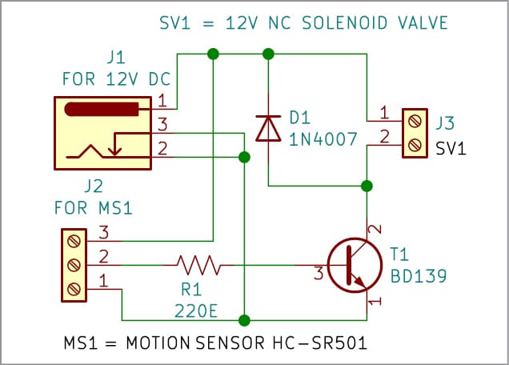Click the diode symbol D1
(x=267, y=128)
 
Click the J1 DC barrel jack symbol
(x=102, y=133)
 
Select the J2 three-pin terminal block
(x=74, y=264)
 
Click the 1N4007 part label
(x=323, y=138)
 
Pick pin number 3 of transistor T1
(x=318, y=274)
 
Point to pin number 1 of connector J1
(x=162, y=101)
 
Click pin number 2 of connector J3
(x=385, y=138)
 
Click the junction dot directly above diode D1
(x=268, y=54)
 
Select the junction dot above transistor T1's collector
(x=367, y=187)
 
